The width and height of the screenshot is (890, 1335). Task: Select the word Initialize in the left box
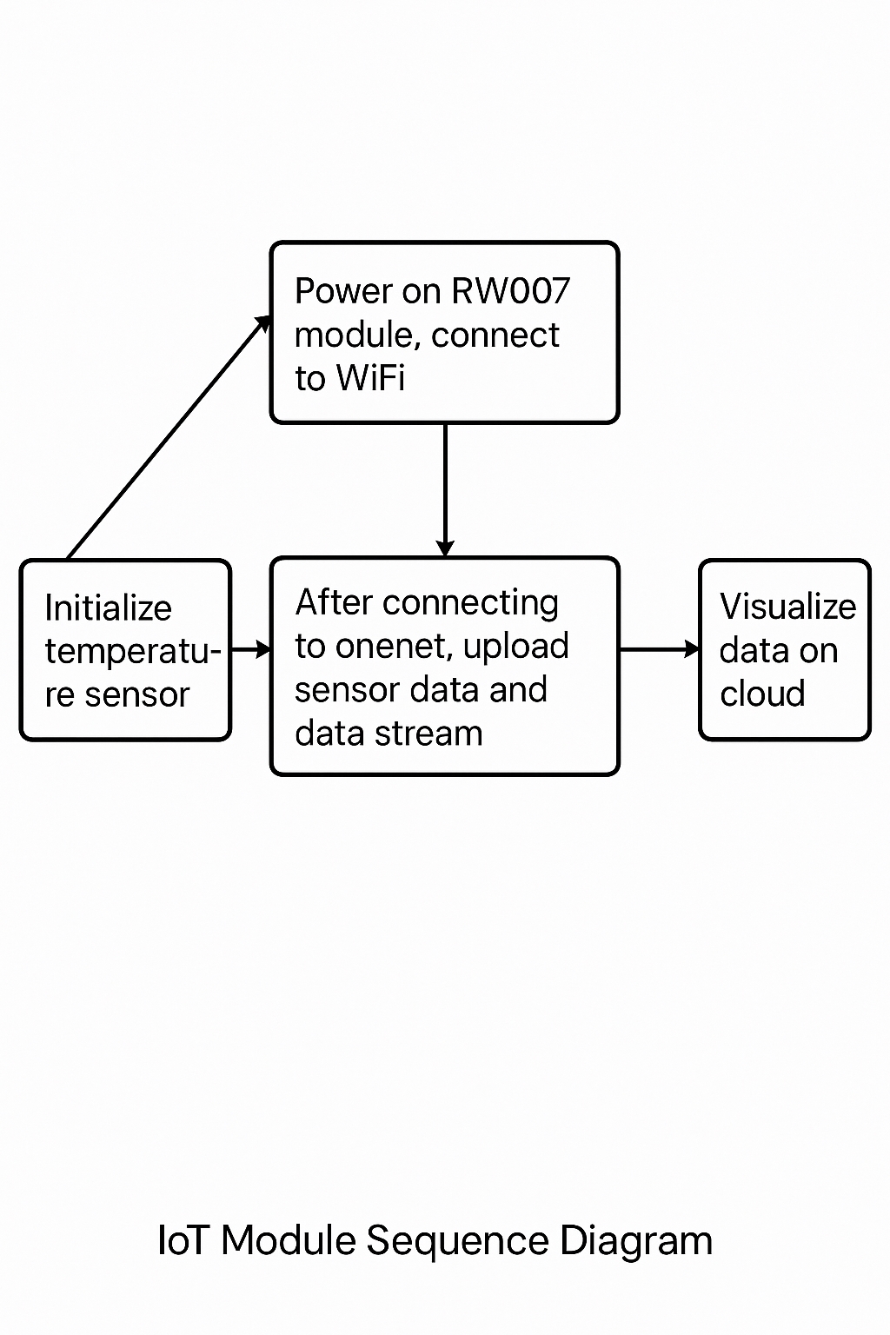(108, 608)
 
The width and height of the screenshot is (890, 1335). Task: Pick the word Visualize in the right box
(787, 607)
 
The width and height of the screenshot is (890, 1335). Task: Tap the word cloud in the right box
(762, 694)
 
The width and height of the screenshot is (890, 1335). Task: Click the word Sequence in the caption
(457, 1241)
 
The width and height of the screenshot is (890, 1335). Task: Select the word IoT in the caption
(183, 1240)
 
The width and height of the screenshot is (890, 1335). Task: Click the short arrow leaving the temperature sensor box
(251, 649)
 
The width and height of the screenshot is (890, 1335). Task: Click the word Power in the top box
(343, 291)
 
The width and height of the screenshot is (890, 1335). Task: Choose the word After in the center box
(334, 602)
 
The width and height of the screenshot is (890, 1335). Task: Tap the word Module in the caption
(288, 1240)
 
